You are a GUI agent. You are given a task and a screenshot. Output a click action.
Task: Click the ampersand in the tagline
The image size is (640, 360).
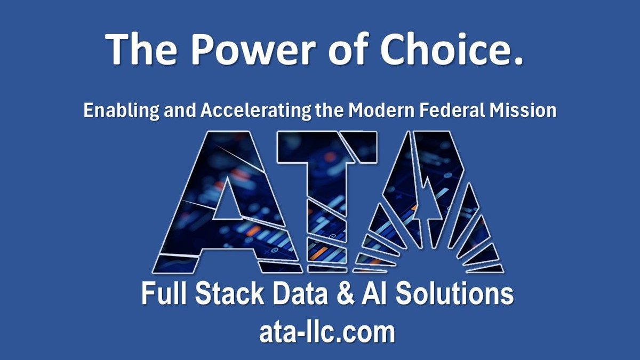(x=349, y=294)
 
